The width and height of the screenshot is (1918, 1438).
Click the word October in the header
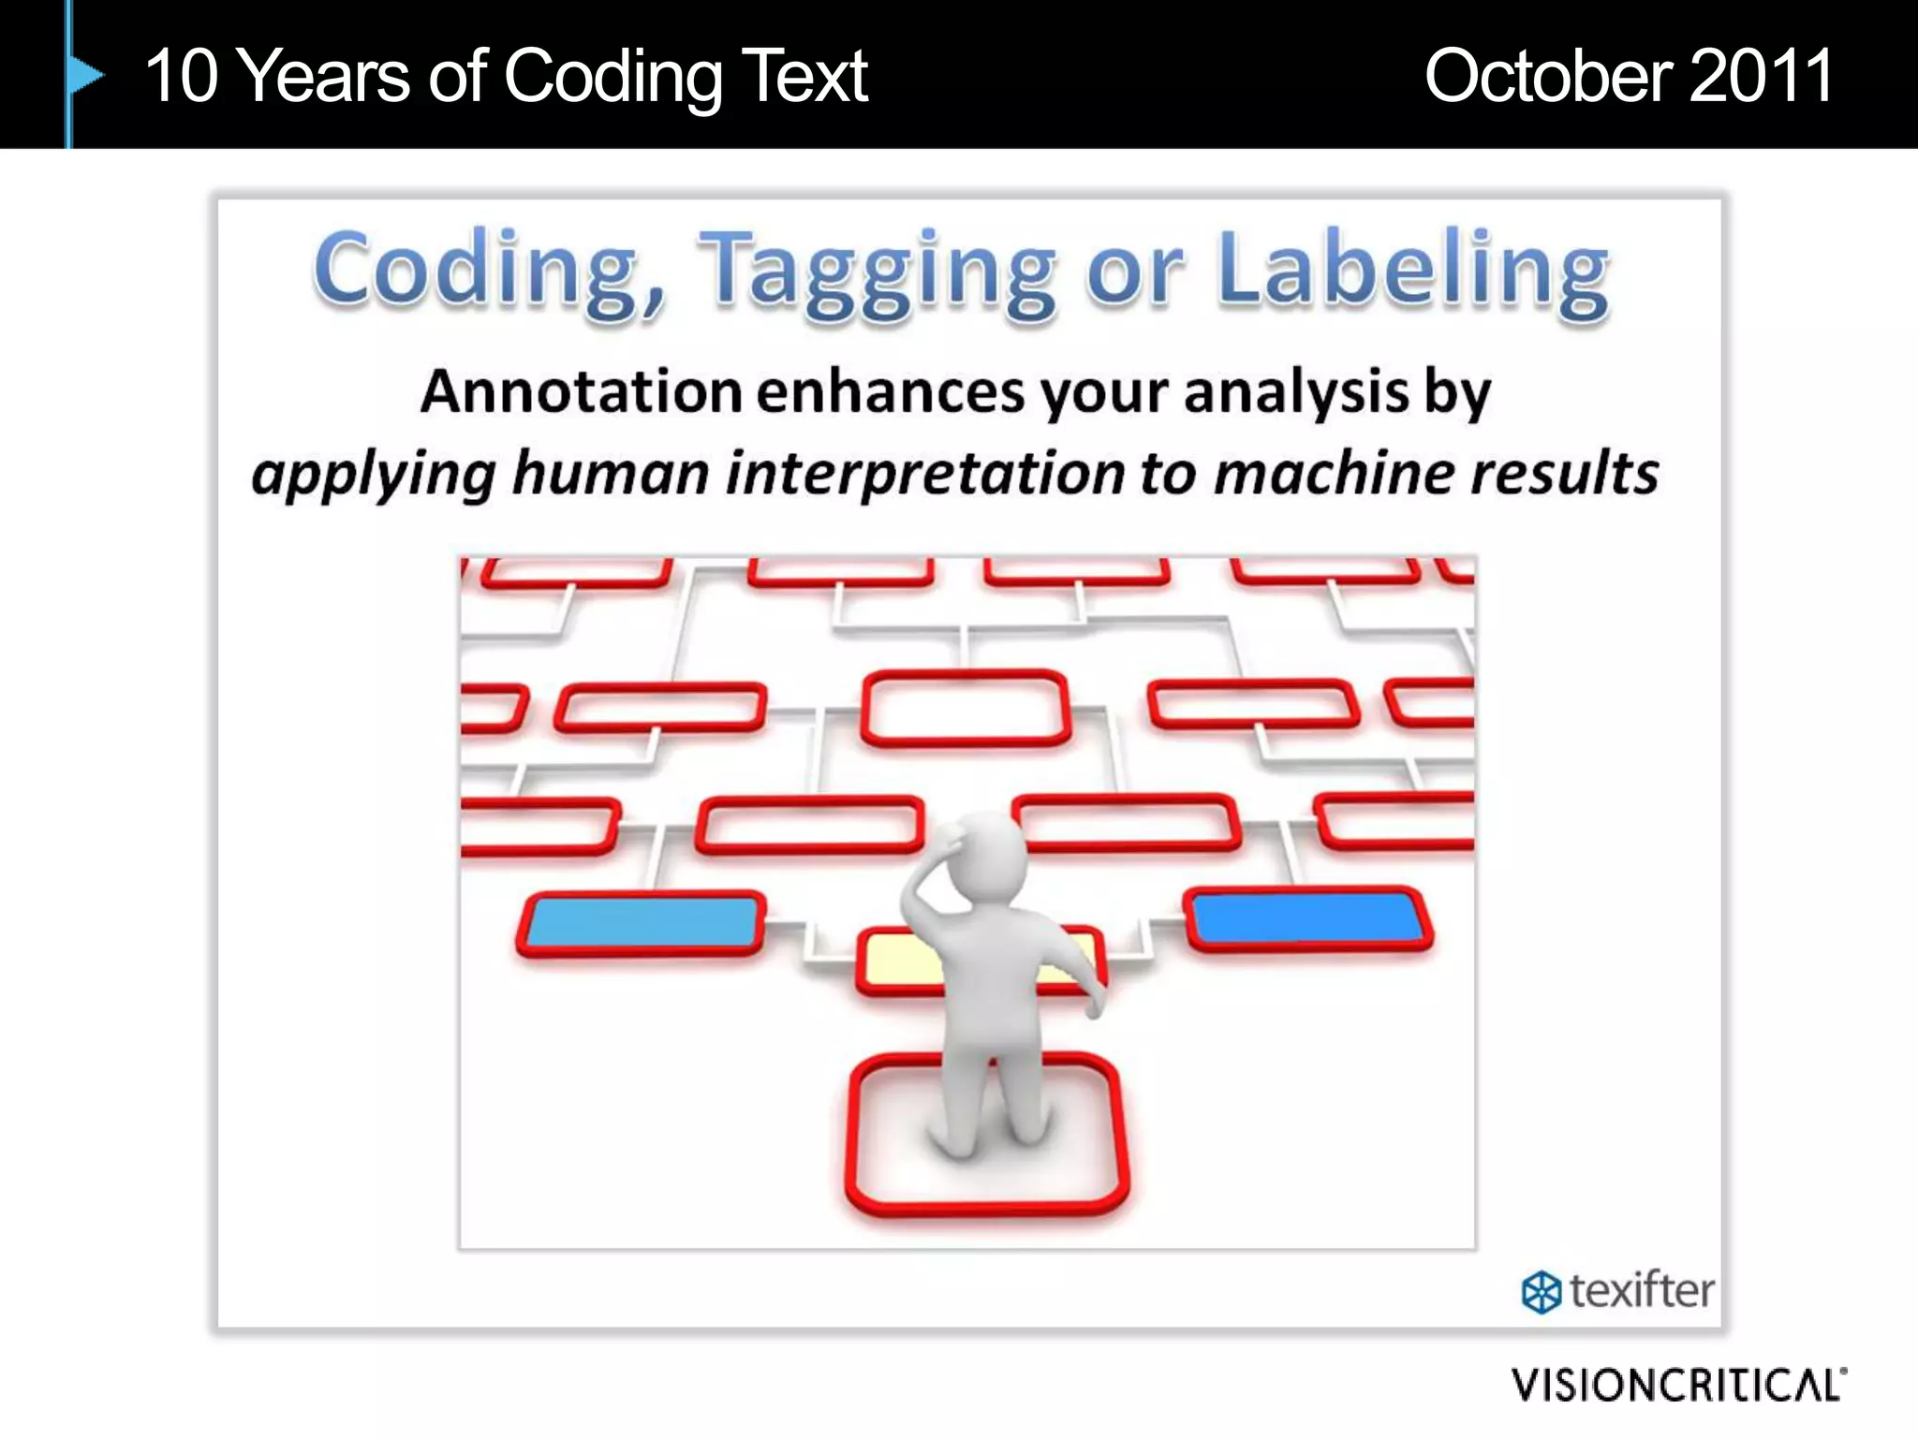click(1548, 76)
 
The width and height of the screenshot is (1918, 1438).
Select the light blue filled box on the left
click(642, 922)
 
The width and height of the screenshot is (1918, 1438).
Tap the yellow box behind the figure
click(899, 960)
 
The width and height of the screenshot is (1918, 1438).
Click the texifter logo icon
click(1541, 1293)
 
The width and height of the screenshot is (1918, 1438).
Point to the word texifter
click(1642, 1291)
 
